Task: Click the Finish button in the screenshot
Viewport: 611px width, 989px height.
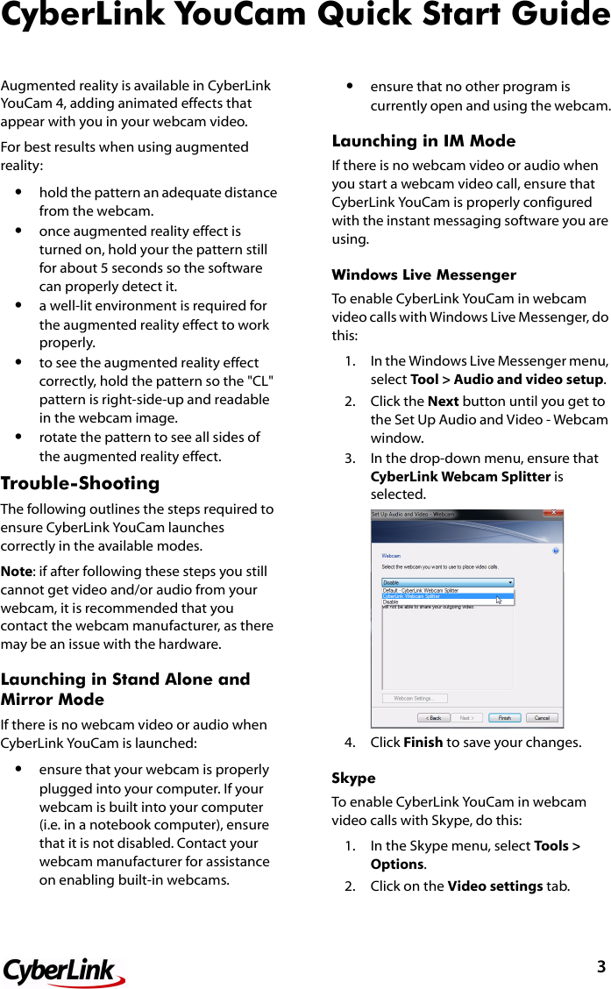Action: click(x=504, y=717)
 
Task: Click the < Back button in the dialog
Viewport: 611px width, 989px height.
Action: click(x=434, y=717)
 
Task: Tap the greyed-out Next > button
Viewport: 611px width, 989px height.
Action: click(x=468, y=717)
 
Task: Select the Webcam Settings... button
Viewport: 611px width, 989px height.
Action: click(x=415, y=698)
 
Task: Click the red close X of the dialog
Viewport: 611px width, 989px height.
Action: click(x=552, y=514)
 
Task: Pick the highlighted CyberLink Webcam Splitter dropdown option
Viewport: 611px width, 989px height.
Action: click(x=447, y=596)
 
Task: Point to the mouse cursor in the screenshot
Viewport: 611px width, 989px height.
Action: click(x=499, y=600)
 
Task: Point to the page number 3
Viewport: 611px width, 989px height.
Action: click(x=600, y=967)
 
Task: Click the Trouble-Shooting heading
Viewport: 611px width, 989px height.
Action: click(x=81, y=483)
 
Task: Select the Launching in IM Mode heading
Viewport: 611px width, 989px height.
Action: click(x=423, y=140)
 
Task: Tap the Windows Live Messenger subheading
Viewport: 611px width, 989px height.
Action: click(x=423, y=274)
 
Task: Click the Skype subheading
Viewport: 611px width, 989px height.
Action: click(x=353, y=778)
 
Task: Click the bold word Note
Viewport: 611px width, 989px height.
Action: click(x=17, y=572)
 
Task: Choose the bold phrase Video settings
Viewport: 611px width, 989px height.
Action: click(x=494, y=886)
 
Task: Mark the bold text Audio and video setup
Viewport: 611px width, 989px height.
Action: click(x=529, y=380)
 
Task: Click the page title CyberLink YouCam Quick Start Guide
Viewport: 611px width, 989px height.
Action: click(x=305, y=16)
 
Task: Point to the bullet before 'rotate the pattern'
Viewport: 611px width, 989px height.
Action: click(x=18, y=437)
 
